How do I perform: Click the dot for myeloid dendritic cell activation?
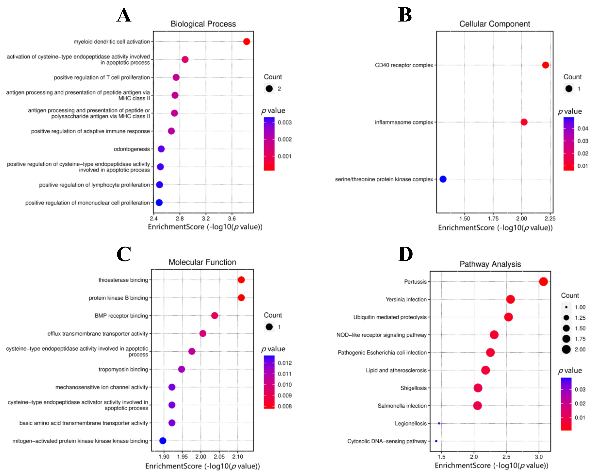click(x=247, y=42)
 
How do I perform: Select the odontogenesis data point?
click(x=161, y=149)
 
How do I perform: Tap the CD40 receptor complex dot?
click(x=545, y=65)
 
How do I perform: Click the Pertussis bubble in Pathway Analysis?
click(x=543, y=282)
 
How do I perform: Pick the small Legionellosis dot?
click(x=439, y=423)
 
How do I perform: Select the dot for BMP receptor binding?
click(x=214, y=316)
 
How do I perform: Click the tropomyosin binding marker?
click(x=181, y=369)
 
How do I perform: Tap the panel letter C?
click(x=124, y=254)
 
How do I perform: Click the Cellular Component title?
click(x=495, y=24)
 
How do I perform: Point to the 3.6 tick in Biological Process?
click(x=232, y=219)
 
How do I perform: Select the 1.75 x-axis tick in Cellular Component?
click(x=493, y=219)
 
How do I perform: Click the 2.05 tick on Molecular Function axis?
click(x=219, y=457)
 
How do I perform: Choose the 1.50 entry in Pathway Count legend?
click(x=580, y=328)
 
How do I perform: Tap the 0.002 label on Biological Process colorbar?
click(x=285, y=139)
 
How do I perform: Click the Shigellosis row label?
click(x=413, y=388)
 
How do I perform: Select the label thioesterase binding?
click(x=123, y=280)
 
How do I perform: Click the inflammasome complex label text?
click(x=404, y=122)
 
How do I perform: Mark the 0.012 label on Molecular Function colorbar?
click(x=285, y=363)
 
